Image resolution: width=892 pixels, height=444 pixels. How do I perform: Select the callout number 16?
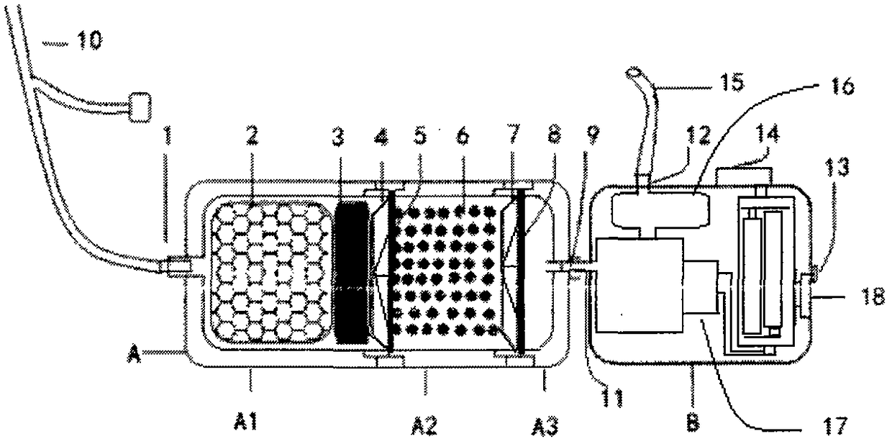842,88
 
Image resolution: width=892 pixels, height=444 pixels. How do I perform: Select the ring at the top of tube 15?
634,73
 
